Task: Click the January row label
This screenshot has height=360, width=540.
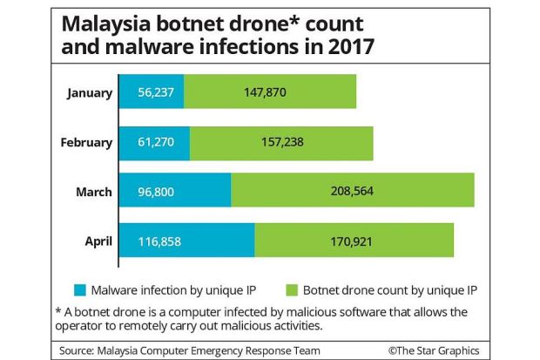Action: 88,92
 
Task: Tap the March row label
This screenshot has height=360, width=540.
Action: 93,191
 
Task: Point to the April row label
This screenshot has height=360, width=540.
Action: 97,240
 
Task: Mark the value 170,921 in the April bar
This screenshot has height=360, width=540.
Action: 354,240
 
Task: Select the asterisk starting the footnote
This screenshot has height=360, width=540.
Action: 58,311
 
